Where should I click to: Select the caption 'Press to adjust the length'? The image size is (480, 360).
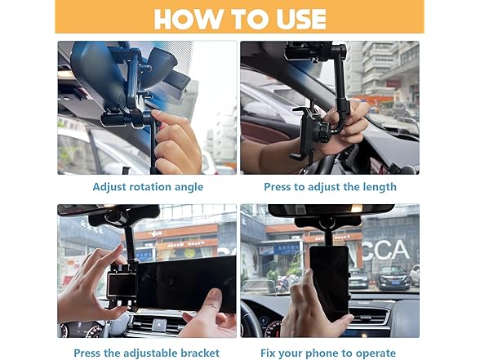330,187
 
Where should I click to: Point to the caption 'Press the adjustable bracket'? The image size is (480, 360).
146,353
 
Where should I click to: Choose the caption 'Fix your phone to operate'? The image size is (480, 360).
329,353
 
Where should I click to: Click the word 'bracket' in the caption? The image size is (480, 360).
199,353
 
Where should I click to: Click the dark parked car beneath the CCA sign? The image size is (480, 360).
393,278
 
